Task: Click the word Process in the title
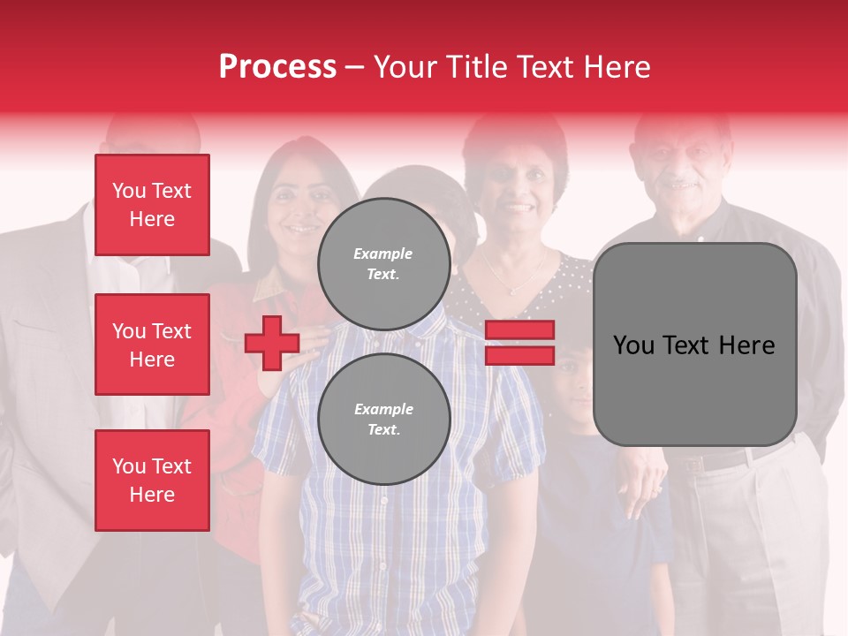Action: coord(277,67)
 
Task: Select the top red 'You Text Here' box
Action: coord(152,205)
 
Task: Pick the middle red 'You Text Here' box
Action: coord(152,344)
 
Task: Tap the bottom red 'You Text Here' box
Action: coord(152,481)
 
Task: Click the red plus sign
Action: coord(272,343)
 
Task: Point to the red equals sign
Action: coord(519,343)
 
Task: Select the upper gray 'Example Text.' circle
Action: coord(383,263)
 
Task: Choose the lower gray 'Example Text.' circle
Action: coord(383,419)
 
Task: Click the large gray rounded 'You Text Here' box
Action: coord(694,344)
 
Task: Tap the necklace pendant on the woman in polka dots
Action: coord(512,290)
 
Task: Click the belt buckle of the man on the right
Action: coord(694,463)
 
